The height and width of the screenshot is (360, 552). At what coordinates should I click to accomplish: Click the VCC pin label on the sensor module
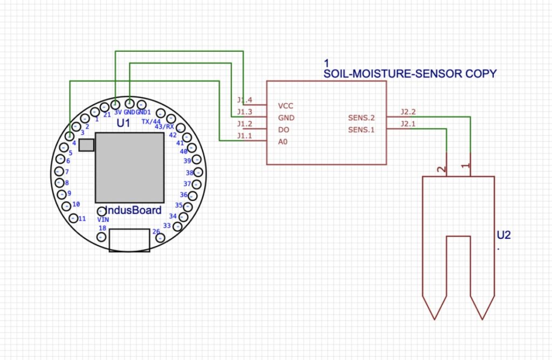286,106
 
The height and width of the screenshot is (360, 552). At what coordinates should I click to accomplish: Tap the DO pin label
284,130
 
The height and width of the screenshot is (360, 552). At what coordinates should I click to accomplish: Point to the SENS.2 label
361,117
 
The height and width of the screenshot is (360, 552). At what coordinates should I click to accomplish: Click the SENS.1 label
361,130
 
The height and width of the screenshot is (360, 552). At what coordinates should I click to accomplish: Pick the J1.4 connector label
244,100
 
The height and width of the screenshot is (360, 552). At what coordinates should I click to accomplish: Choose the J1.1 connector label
244,136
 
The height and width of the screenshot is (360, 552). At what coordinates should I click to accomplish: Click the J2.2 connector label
408,112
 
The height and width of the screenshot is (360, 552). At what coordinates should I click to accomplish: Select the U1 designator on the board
123,123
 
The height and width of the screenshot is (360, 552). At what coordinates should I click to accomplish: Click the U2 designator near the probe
503,235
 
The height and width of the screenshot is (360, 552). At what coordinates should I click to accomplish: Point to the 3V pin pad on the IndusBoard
116,103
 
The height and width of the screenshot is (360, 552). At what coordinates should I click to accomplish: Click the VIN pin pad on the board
101,211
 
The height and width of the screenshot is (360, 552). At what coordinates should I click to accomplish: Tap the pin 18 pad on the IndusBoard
101,237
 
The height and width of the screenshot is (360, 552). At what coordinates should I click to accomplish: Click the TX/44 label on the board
151,122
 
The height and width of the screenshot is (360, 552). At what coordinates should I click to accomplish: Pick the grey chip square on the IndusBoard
129,167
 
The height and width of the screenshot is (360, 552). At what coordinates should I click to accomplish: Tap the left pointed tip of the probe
434,318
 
